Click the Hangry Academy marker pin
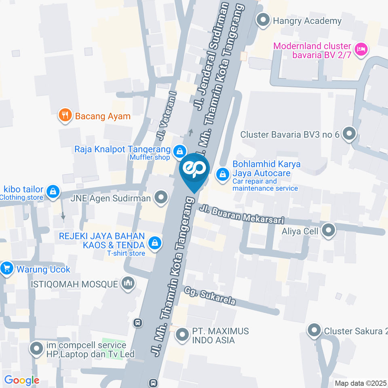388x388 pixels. pos(264,20)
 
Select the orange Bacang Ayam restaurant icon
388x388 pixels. pos(65,116)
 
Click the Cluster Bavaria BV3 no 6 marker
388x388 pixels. pos(348,134)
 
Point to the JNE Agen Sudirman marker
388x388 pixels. pos(161,198)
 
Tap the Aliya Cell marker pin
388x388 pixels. pos(329,231)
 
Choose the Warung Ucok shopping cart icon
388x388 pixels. pos(6,268)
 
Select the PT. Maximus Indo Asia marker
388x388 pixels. pos(183,335)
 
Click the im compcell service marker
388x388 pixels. pos(37,348)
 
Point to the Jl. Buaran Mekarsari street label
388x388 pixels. pos(242,214)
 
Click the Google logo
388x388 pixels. pos(21,380)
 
